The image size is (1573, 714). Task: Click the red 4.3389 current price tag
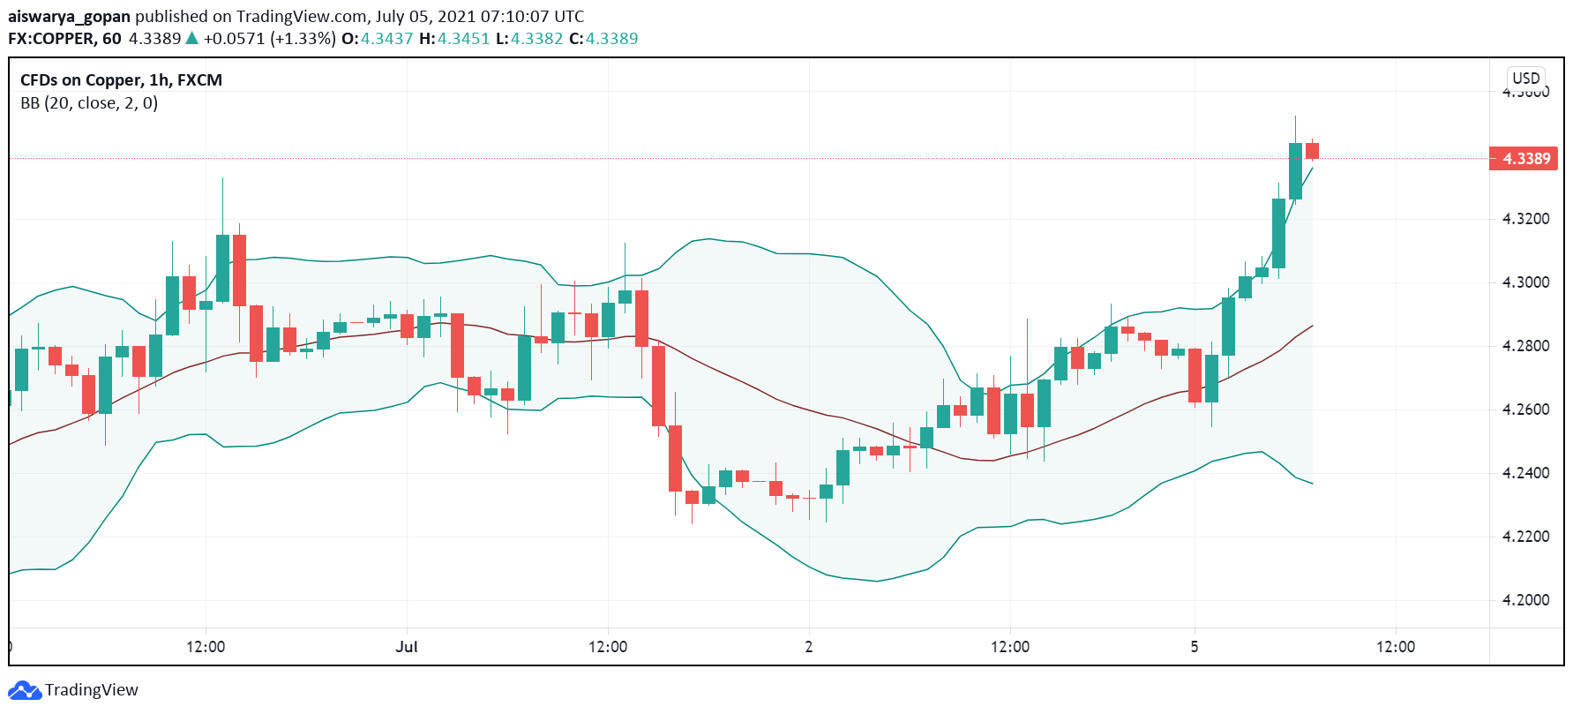1524,159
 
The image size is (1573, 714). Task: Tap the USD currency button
1525,78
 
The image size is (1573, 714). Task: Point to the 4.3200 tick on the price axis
1525,219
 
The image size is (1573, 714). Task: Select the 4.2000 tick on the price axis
1525,600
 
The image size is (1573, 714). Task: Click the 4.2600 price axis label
1525,410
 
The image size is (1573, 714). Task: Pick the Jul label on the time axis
407,647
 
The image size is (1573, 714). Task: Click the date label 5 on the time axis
1195,647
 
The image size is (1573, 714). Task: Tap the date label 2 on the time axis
809,647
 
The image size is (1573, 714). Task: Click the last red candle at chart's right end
1313,151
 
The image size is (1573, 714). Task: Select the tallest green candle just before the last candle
1295,171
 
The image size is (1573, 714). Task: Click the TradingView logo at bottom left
73,690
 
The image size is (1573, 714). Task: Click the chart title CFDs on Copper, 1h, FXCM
121,80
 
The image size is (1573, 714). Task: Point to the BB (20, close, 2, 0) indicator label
89,103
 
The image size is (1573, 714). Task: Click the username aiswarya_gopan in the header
69,17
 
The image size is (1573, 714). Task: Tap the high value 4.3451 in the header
463,39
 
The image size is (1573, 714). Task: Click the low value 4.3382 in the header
536,39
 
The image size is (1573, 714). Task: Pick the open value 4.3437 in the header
386,39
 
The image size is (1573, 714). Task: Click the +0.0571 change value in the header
234,39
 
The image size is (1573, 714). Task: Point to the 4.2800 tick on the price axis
1525,346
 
